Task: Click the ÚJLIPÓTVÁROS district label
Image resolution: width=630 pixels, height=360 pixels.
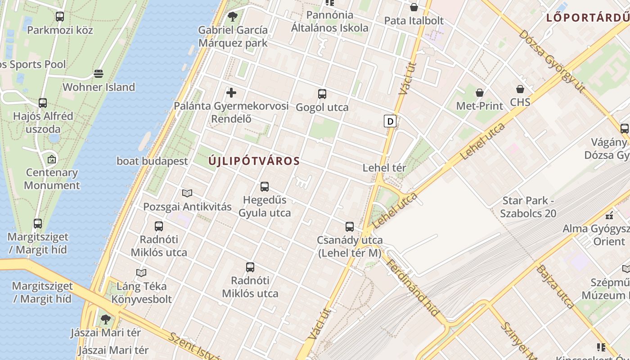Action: (254, 161)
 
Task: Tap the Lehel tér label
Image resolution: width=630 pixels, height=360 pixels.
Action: (384, 168)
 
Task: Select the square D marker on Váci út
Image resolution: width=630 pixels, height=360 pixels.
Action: (390, 121)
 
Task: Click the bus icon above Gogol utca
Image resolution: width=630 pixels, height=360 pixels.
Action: (322, 94)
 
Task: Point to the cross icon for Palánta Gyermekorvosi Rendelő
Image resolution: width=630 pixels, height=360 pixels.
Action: (231, 93)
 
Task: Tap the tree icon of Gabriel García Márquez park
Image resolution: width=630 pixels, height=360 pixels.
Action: (233, 17)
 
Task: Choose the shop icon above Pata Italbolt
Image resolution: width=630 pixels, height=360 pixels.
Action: (414, 7)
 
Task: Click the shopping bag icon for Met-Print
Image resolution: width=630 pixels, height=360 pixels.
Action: (480, 93)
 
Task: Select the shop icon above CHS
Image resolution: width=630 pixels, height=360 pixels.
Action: (520, 89)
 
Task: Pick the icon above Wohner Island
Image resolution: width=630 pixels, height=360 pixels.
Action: (99, 74)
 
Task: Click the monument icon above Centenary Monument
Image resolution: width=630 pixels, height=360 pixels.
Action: (52, 159)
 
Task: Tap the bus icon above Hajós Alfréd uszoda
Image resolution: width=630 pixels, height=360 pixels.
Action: (43, 103)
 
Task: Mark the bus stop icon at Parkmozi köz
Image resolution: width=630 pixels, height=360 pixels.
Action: (60, 17)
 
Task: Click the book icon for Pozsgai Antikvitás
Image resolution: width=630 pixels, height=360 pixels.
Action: (187, 193)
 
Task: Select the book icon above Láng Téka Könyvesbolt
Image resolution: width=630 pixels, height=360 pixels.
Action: (141, 273)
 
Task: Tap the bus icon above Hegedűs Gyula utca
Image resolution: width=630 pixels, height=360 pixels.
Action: (265, 186)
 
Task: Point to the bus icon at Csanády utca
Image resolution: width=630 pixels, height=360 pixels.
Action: (350, 227)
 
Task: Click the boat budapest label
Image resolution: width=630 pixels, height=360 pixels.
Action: (152, 161)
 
